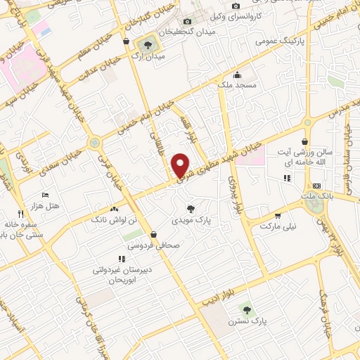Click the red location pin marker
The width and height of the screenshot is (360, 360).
(181, 165)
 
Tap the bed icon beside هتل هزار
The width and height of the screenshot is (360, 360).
(46, 195)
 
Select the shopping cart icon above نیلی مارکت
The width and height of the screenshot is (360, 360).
(278, 216)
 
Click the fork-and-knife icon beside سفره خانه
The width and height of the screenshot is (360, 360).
(20, 212)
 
